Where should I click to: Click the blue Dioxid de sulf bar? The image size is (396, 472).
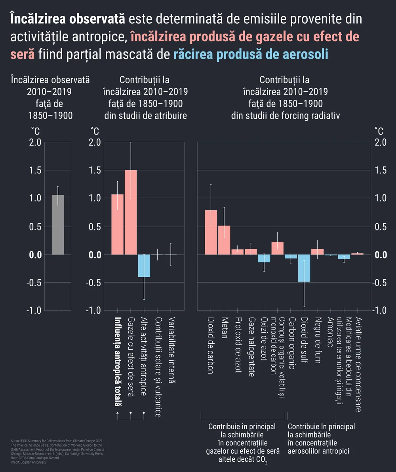[x=304, y=268]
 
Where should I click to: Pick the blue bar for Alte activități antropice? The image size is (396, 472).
[x=144, y=266]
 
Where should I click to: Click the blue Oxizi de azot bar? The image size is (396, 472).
[x=264, y=258]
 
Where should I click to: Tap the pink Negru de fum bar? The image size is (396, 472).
[x=318, y=252]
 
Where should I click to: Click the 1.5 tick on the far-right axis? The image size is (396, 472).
[x=381, y=170]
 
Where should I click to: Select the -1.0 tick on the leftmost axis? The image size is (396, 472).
[x=33, y=310]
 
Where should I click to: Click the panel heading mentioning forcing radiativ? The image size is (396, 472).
[x=285, y=97]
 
